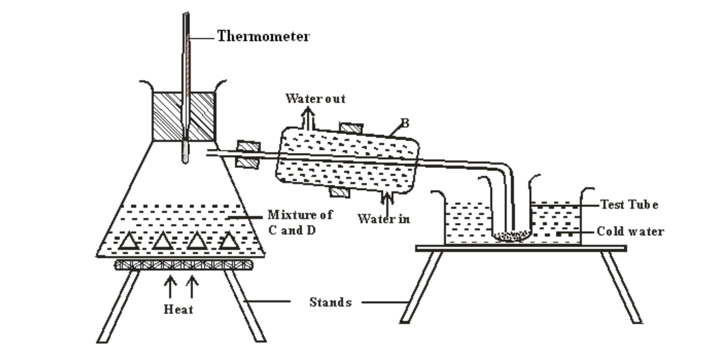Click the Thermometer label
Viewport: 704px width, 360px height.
click(x=263, y=36)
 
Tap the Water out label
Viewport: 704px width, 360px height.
click(x=315, y=99)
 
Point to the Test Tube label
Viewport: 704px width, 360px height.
click(x=629, y=204)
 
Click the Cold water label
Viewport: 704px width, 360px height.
click(x=630, y=232)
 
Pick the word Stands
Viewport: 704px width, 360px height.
click(x=330, y=302)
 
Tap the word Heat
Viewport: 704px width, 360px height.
click(x=178, y=309)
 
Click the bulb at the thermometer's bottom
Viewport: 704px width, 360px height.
click(x=185, y=152)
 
